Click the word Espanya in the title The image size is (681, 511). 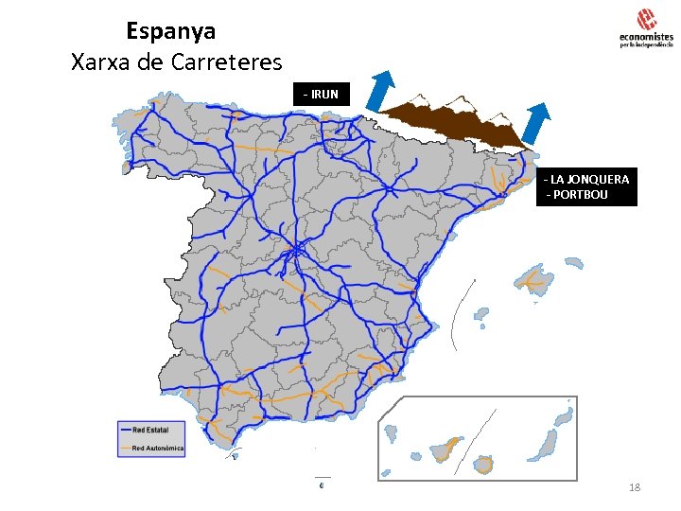point(170,30)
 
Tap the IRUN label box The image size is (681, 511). point(322,94)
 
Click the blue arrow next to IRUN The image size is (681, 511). point(381,92)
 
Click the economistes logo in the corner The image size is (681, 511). point(645,28)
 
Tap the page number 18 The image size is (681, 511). point(635,486)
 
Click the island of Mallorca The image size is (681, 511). point(534,278)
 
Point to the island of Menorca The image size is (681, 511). point(572,261)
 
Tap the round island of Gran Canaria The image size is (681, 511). point(484,464)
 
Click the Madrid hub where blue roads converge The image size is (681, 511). point(295,252)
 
